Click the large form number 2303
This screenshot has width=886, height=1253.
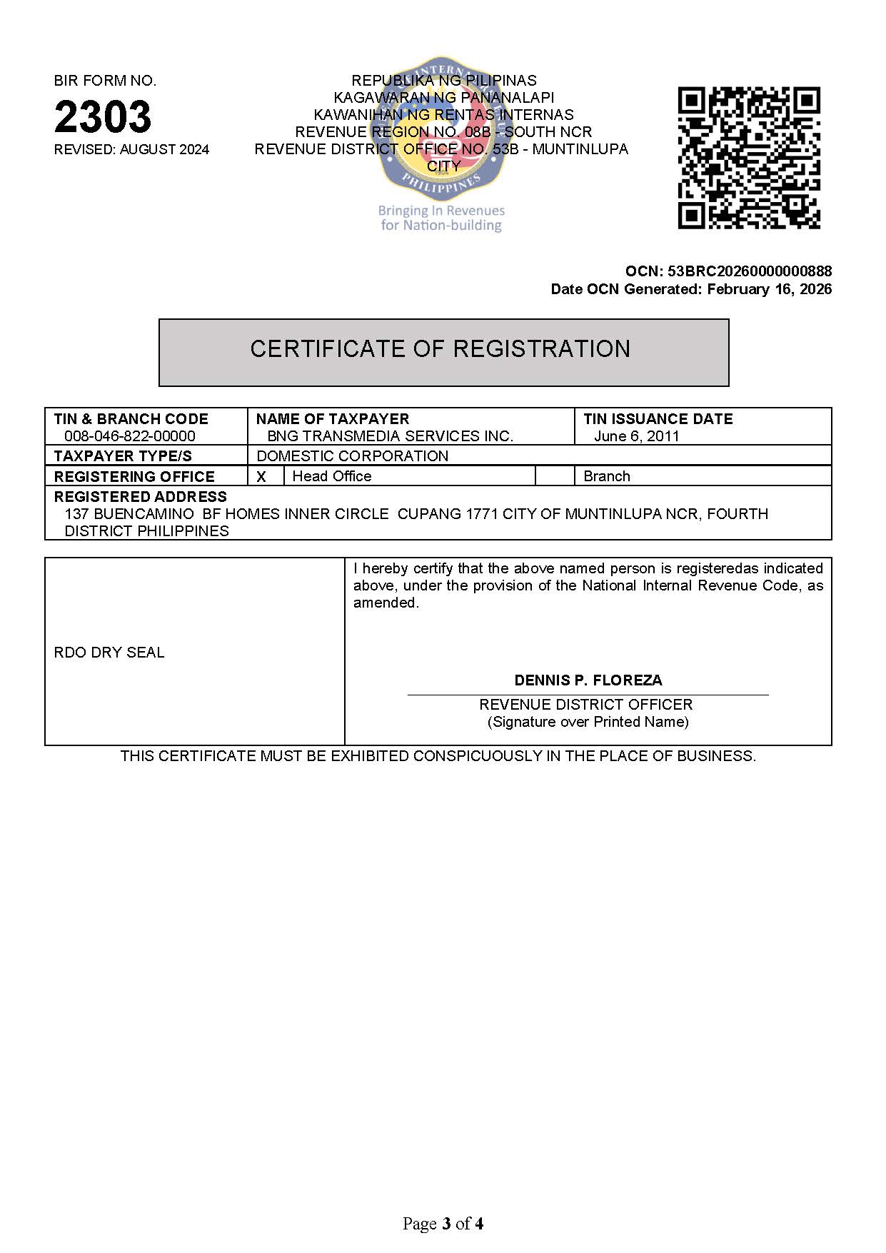(x=103, y=116)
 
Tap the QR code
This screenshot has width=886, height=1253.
(x=748, y=158)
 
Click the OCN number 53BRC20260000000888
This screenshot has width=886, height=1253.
(x=749, y=271)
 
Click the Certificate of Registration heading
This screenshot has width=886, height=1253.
(x=440, y=349)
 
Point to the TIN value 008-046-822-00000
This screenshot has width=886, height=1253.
(x=129, y=436)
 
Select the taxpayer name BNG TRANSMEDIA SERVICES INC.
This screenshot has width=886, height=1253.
(x=390, y=436)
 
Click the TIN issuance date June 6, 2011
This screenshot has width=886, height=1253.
(x=636, y=436)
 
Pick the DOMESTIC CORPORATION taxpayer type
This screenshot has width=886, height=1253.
(x=352, y=456)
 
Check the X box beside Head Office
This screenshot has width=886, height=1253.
(x=262, y=477)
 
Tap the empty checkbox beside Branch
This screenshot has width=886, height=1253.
(x=555, y=476)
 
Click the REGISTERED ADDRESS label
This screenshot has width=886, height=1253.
(x=140, y=497)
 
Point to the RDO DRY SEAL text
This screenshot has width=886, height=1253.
(x=109, y=653)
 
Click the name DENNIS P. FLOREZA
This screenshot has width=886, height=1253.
(x=588, y=680)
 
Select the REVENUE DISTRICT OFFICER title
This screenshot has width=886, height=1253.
(x=585, y=705)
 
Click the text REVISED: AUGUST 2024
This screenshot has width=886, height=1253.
(x=131, y=150)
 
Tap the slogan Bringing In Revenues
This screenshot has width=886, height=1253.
(x=441, y=211)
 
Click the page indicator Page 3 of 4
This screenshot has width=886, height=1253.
(x=443, y=1224)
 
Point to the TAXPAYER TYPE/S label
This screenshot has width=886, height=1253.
(x=123, y=456)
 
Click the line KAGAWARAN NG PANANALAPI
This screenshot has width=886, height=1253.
(x=443, y=98)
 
